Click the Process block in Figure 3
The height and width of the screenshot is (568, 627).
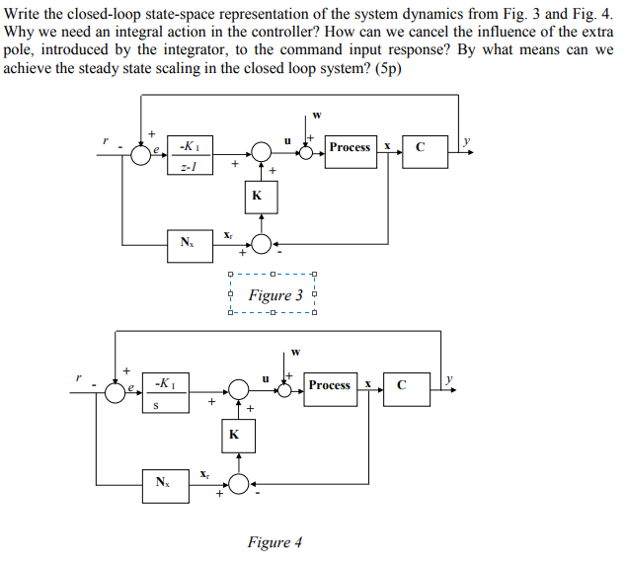(351, 148)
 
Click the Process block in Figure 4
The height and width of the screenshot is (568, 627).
(329, 385)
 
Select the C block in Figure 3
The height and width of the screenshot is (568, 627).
(421, 148)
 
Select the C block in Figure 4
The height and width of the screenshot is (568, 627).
(400, 385)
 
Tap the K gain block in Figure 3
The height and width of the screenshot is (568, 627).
(257, 196)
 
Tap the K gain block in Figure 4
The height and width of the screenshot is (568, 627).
(234, 435)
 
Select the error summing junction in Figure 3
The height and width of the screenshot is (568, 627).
(141, 152)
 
